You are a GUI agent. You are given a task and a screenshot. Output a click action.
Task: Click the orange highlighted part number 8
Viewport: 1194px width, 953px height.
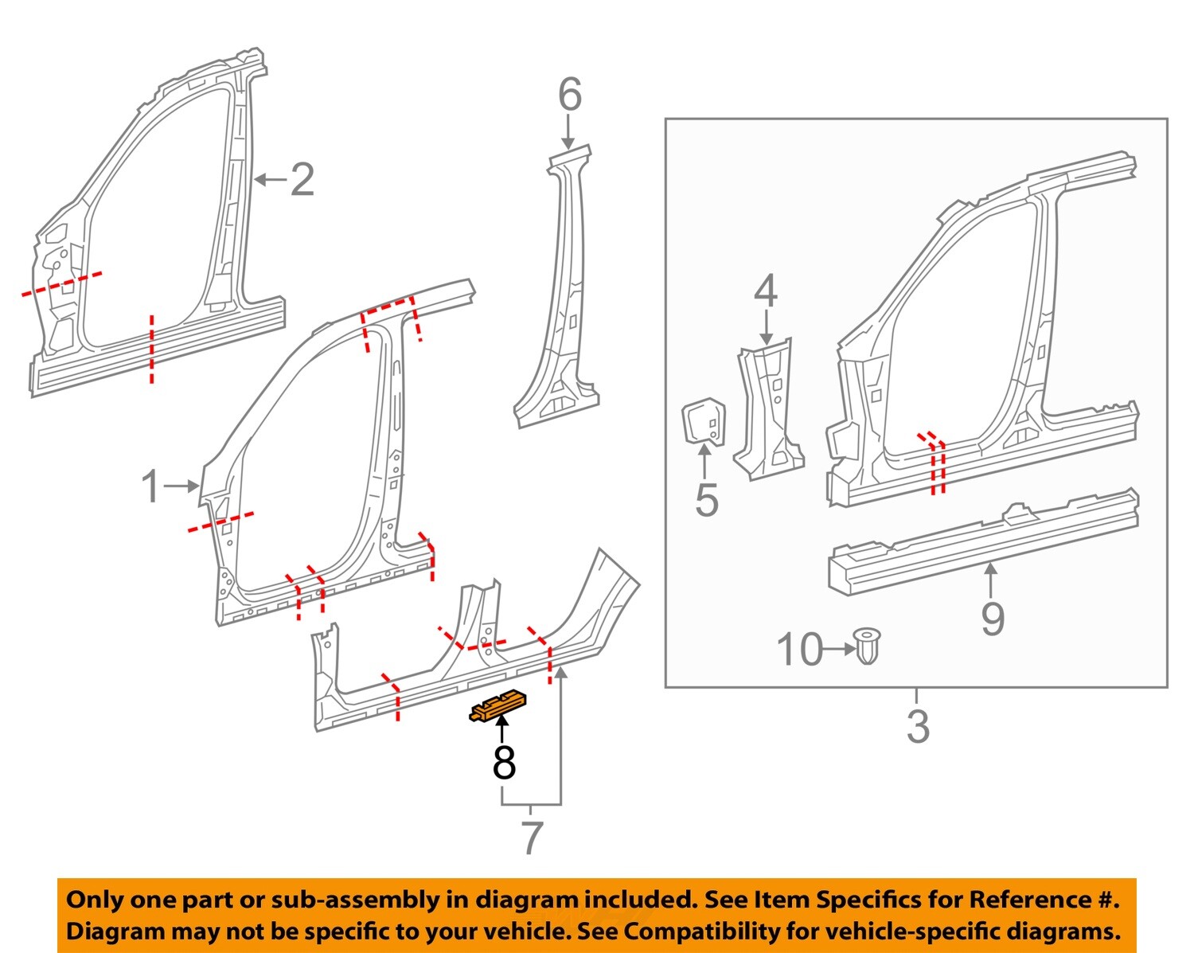click(499, 705)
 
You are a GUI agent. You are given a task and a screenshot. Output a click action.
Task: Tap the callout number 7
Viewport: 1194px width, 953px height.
click(532, 838)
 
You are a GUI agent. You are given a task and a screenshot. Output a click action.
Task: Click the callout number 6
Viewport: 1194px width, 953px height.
click(570, 96)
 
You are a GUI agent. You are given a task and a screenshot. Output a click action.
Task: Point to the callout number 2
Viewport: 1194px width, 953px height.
click(302, 180)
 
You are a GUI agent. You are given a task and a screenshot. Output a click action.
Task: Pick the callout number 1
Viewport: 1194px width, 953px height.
click(150, 486)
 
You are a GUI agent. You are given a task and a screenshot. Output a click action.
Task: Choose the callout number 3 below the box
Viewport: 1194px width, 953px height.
click(918, 727)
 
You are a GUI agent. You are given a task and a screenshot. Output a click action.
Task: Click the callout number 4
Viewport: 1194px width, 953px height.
click(765, 292)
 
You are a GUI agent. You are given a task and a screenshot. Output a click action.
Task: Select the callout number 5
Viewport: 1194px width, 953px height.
click(707, 500)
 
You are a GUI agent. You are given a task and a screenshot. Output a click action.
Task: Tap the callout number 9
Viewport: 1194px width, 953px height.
click(993, 618)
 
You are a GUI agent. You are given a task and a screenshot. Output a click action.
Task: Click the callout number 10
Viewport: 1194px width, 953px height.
click(799, 650)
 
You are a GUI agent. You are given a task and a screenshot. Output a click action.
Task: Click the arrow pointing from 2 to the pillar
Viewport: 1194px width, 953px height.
click(269, 180)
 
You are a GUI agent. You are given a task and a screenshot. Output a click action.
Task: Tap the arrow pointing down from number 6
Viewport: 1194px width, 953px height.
click(568, 130)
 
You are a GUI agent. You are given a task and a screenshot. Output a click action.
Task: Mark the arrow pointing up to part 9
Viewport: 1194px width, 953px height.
click(991, 580)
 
